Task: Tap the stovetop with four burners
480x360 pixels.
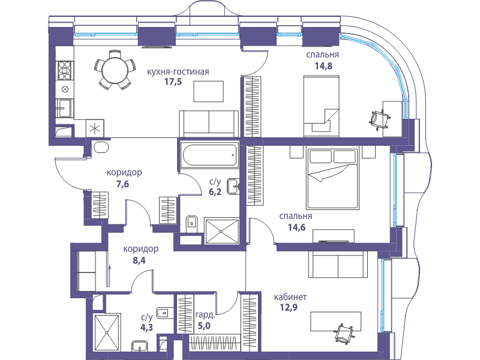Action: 65,70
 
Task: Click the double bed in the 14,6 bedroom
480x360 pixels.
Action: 332,178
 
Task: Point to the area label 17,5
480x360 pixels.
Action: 173,82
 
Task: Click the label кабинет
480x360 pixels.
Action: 290,297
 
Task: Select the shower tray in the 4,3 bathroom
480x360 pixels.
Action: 107,332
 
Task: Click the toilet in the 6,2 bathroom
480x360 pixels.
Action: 192,224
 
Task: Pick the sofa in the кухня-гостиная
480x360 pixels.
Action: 209,124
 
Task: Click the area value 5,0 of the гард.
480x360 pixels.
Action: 204,326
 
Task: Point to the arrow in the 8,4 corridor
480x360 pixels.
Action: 109,276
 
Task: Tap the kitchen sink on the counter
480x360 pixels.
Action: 65,108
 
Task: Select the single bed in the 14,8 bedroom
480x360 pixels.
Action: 322,106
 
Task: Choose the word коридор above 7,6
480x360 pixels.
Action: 124,173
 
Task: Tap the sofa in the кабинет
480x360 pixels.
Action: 338,265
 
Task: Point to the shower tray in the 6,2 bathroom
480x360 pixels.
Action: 221,232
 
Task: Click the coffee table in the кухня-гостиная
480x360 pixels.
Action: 208,91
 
